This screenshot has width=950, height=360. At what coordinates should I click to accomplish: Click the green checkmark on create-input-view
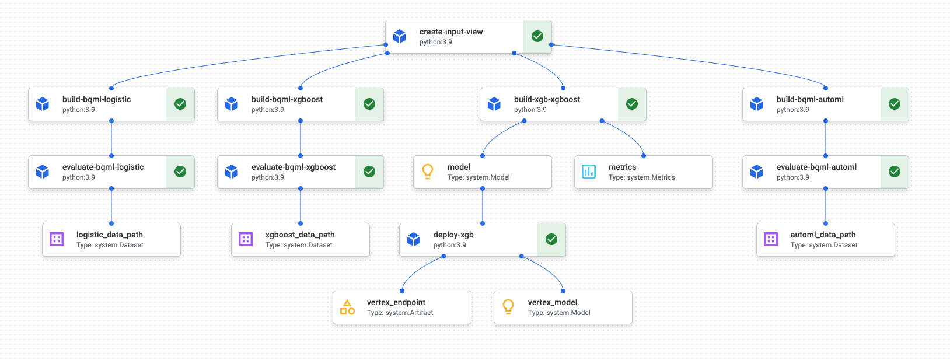coord(537,36)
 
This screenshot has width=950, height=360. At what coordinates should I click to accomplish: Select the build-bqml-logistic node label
coord(96,99)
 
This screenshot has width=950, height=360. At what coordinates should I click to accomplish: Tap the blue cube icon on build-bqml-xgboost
coord(232,104)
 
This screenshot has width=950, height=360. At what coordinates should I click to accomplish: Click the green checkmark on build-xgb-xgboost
coord(632,104)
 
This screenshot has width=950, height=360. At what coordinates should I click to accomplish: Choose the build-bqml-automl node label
coord(810,99)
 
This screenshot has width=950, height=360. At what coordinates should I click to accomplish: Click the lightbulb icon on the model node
coord(428,171)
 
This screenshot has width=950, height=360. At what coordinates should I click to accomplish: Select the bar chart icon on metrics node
coord(589,172)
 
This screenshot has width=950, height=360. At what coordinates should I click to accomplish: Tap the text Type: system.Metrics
coord(641,177)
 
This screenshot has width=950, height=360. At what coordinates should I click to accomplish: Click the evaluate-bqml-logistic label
coord(103,167)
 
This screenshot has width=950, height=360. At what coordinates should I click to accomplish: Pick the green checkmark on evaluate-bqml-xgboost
coord(369,172)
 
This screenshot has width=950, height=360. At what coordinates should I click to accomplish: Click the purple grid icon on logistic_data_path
coord(57,239)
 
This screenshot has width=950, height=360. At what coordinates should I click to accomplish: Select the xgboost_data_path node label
coord(300,235)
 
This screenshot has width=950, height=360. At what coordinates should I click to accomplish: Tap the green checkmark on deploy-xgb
coord(551,239)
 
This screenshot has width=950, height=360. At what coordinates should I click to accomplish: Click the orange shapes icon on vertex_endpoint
coord(347,307)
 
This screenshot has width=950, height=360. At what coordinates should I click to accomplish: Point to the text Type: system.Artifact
coord(400,313)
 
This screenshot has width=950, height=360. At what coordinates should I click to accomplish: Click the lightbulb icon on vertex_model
coord(508,306)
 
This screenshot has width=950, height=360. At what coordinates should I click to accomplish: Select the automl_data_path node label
coord(823,235)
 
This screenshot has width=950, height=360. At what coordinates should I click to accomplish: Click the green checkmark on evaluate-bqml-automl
coord(895,172)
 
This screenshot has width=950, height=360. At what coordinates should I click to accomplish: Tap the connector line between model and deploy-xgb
coord(483,206)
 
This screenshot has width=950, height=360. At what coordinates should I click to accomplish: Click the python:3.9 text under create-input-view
coord(435,42)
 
